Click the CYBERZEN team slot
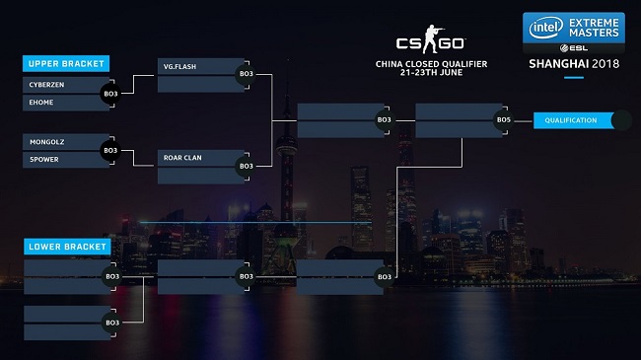pos(58,85)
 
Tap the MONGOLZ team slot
pos(58,142)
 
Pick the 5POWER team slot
pos(58,158)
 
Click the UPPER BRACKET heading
pos(65,63)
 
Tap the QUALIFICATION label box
pos(572,120)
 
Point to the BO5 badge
pos(504,120)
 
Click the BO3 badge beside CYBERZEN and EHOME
pos(111,93)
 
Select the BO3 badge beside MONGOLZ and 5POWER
pos(111,150)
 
